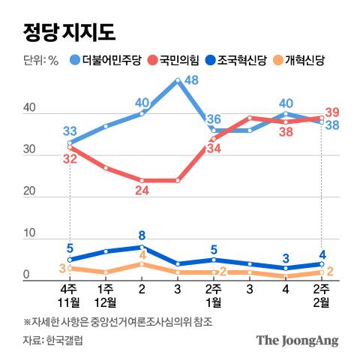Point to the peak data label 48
pos(191,80)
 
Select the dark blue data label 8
pos(142,236)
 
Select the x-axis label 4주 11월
pos(69,295)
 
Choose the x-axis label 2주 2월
pos(321,295)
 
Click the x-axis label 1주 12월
pos(106,295)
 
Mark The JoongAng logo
pos(297,340)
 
